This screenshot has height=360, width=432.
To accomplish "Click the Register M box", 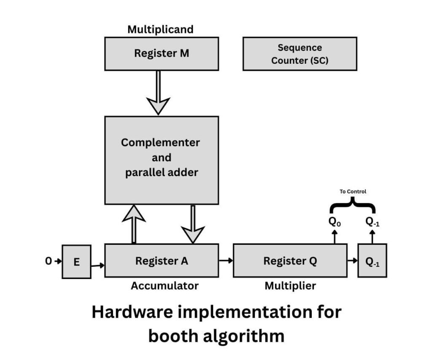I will point(162,54).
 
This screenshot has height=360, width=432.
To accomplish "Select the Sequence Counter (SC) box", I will point(300,54).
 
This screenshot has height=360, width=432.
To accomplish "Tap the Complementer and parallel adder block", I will point(162,160).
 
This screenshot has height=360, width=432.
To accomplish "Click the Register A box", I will point(162,261).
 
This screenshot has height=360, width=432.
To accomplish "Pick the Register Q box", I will point(290,261).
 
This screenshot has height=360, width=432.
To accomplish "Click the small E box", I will point(76,262).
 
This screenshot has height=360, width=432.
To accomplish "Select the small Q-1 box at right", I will point(372,261).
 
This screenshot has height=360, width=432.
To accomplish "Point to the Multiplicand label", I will point(160,30).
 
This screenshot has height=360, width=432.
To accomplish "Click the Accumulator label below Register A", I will point(165,286).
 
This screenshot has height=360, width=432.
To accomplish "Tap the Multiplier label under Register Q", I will point(290,286).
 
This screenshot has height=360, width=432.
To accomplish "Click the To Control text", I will point(353,192).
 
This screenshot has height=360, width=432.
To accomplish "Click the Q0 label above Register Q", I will point(334,222).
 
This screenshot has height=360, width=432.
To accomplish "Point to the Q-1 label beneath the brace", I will point(372,222).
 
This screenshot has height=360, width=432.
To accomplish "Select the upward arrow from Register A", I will point(134,224).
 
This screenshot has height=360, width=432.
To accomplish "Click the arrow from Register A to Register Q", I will point(226,260).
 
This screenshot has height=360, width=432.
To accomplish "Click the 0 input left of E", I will point(49,261).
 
